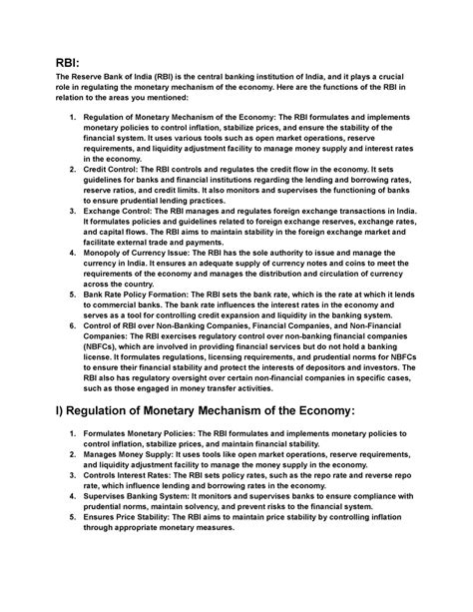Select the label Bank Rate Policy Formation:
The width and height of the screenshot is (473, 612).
click(x=154, y=295)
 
